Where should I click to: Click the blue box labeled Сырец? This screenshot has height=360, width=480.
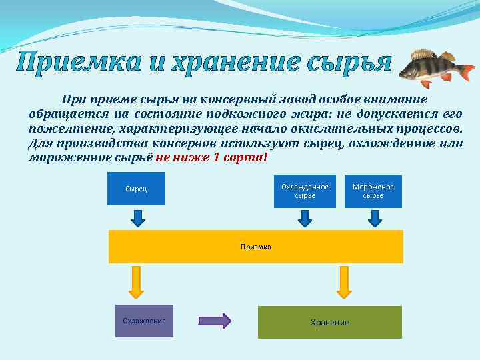coord(136,189)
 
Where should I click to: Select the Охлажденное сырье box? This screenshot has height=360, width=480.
coord(305,191)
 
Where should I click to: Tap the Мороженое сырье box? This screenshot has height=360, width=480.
coord(373,191)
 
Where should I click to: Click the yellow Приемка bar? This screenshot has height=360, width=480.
coord(256,247)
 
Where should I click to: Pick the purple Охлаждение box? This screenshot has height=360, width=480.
coord(144,321)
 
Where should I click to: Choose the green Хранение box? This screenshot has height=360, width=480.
coord(329,322)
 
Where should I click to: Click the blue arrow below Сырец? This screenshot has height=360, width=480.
coord(137,218)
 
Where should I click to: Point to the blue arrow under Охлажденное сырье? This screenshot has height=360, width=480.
coord(304,218)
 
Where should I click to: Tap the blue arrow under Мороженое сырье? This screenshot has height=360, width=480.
coord(375,218)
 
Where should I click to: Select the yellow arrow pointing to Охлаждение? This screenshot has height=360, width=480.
coord(137,281)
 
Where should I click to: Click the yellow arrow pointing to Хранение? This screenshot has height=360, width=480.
coord(344,281)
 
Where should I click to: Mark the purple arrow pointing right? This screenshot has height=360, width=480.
coord(215,321)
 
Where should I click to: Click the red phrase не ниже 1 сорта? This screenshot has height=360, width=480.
coord(211,157)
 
